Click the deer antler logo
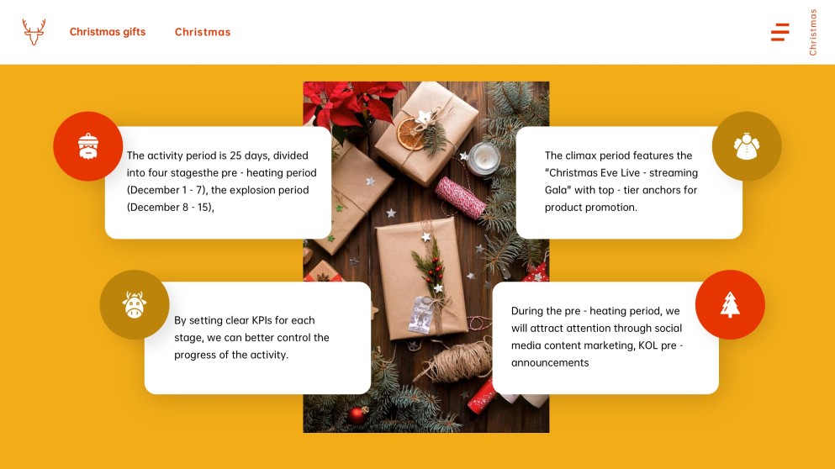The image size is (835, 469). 34,32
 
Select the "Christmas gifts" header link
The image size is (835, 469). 108,32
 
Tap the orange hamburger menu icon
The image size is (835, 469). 780,33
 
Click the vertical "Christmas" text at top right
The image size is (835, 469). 813,32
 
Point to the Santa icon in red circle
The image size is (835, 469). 88,146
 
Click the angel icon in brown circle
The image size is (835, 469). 747,146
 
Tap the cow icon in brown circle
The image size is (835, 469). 135,304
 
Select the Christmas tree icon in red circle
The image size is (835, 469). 730,304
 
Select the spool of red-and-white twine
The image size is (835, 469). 461,196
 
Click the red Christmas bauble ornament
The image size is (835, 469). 358,414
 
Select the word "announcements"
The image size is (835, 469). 550,363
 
